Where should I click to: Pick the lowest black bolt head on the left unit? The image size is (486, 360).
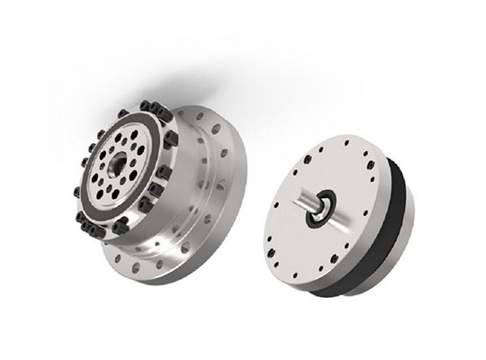click(x=119, y=226)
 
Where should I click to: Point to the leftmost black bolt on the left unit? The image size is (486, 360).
click(x=75, y=192)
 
